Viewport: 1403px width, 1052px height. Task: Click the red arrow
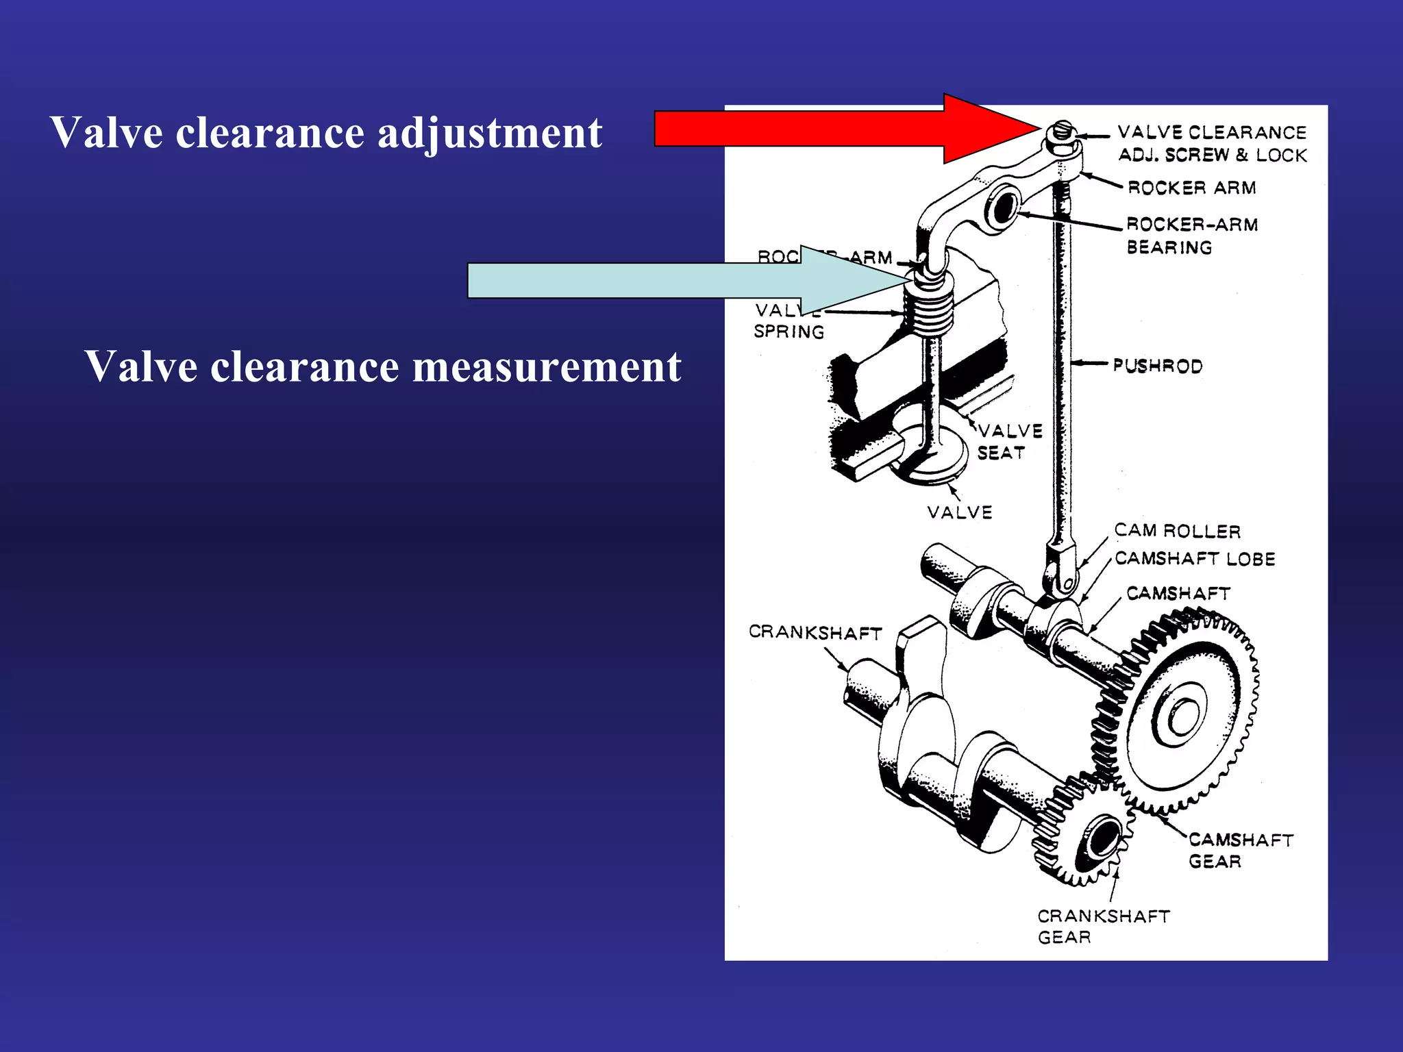tap(822, 129)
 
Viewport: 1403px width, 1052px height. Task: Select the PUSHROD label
tap(1157, 366)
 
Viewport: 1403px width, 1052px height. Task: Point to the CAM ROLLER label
tap(1177, 531)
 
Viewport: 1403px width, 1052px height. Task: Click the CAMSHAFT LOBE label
tap(1195, 559)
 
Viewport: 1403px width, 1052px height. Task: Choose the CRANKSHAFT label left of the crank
tap(815, 631)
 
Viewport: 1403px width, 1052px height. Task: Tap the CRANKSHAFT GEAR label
tap(1102, 926)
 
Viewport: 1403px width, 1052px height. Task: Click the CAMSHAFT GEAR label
tap(1240, 850)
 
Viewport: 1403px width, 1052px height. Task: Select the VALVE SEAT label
tap(1009, 442)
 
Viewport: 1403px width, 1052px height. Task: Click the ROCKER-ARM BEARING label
tap(1191, 236)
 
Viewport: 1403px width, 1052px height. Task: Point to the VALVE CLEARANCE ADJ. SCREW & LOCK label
tap(1212, 143)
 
